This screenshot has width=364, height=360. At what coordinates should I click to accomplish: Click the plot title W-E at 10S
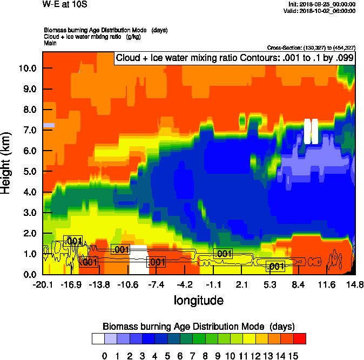pos(64,4)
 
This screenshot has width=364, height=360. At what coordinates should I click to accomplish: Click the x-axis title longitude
pos(198,300)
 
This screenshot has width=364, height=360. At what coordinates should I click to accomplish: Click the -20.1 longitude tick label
pos(42,284)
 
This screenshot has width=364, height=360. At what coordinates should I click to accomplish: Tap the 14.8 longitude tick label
pos(355,284)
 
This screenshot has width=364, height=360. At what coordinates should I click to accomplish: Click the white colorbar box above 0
pos(98,339)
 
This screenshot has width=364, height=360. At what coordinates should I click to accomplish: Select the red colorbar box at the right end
pos(300,339)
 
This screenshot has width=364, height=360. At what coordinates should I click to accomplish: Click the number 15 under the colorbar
pos(293,355)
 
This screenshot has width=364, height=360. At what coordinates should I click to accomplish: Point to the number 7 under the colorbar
pos(192,355)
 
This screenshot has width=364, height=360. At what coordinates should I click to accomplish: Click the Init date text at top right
pos(322,4)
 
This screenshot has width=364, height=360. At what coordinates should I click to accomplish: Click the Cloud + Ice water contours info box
pos(234,58)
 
